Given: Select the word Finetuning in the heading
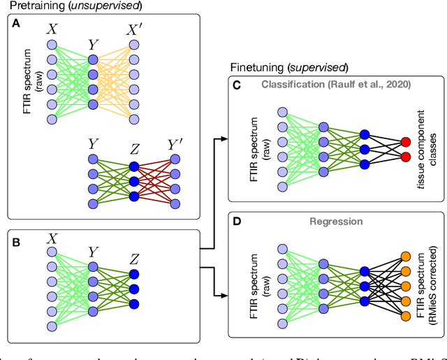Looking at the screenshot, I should click(x=255, y=69).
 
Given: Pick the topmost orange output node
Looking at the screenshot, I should click(x=404, y=257).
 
